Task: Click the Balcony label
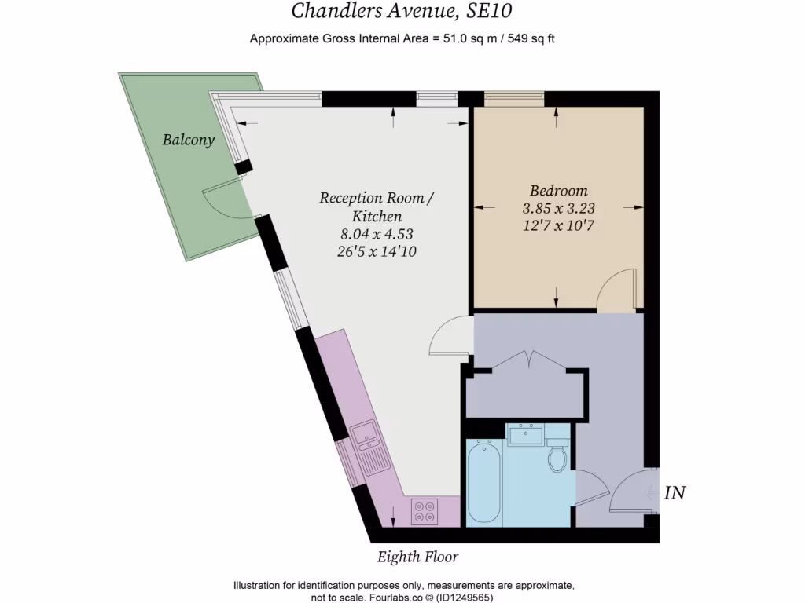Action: point(188,141)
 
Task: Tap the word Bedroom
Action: point(558,191)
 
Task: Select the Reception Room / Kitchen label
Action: point(376,206)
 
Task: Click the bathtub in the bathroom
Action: point(483,481)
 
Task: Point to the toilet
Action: point(558,455)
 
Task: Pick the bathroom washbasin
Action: point(524,434)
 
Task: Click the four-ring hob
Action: point(425,511)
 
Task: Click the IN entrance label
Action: point(675,493)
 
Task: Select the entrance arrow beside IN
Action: point(652,493)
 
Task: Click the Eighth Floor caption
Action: point(417,557)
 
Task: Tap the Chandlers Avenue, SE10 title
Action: point(406,11)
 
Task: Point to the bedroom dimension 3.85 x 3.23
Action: point(558,209)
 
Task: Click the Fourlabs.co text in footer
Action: point(369,597)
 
